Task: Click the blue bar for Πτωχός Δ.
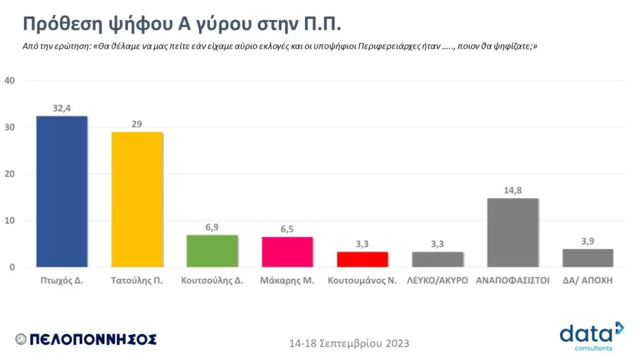62,191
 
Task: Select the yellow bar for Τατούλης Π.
137,199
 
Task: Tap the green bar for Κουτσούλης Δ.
212,251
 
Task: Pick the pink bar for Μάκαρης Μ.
287,252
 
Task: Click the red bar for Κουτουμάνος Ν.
362,259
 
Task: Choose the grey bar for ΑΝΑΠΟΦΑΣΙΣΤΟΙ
512,232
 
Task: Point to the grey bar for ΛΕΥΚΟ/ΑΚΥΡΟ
437,259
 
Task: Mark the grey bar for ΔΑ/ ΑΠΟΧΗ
587,257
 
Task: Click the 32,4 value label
61,108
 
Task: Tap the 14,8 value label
512,191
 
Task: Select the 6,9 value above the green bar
212,227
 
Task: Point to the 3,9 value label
587,241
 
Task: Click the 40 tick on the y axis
9,81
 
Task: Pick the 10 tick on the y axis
9,221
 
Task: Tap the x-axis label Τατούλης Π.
137,281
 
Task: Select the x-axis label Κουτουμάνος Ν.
362,281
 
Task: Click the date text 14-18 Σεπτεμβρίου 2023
349,344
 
